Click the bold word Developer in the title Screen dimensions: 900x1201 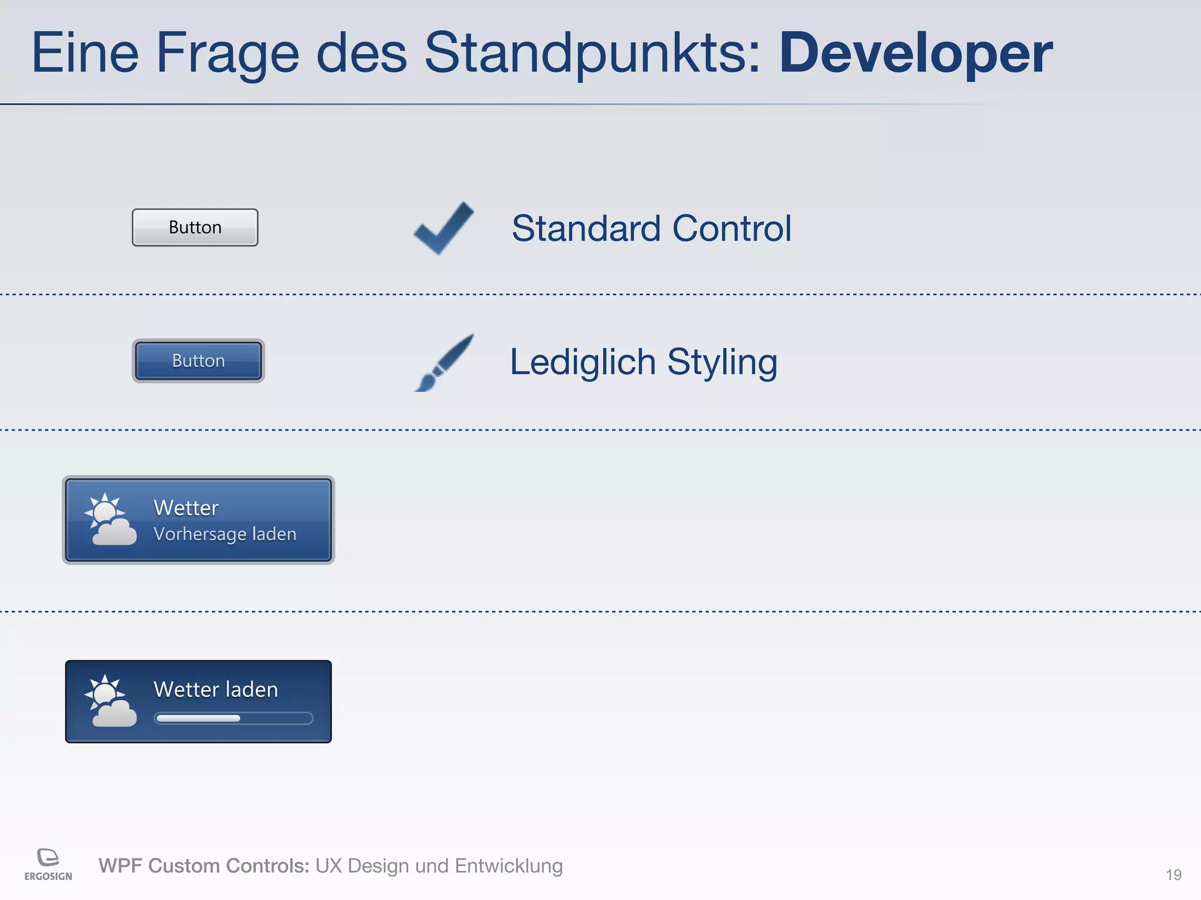pyautogui.click(x=915, y=54)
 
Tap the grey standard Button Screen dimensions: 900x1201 pyautogui.click(x=195, y=227)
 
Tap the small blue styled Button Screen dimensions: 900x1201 pyautogui.click(x=198, y=361)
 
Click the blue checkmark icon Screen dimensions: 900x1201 pyautogui.click(x=444, y=228)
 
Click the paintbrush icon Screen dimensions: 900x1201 pyautogui.click(x=444, y=363)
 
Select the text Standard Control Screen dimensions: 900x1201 pyautogui.click(x=652, y=228)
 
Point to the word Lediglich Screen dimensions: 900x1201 pyautogui.click(x=582, y=362)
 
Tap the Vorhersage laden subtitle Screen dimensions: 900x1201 pyautogui.click(x=225, y=534)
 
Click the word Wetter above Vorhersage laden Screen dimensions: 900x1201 pyautogui.click(x=186, y=507)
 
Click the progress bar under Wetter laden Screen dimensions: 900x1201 pyautogui.click(x=233, y=718)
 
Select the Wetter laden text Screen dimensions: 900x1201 pyautogui.click(x=215, y=690)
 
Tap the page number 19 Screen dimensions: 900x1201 pyautogui.click(x=1173, y=875)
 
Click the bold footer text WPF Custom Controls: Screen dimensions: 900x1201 pyautogui.click(x=203, y=866)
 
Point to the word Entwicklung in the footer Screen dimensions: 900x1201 pyautogui.click(x=508, y=866)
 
